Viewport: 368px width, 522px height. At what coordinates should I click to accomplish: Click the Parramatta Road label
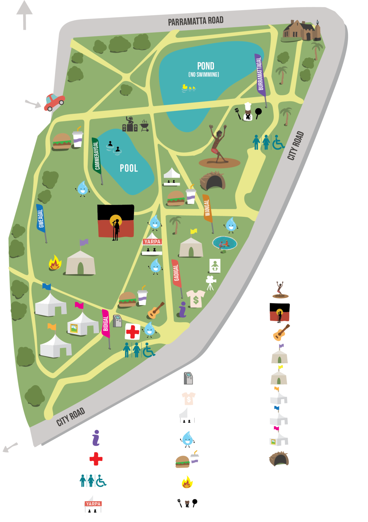pos(196,21)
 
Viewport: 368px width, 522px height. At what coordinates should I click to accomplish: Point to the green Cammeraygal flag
pos(97,156)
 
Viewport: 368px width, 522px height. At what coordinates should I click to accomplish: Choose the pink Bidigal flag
pos(106,323)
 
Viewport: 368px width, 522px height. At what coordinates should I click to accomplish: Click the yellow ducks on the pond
pos(188,88)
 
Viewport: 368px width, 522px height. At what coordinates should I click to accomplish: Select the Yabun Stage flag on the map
pos(116,221)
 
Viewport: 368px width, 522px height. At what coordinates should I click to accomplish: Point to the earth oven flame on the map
pos(55,263)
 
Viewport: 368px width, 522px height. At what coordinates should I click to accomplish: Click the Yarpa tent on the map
pos(152,244)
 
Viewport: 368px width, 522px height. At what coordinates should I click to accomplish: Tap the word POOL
pos(129,168)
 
